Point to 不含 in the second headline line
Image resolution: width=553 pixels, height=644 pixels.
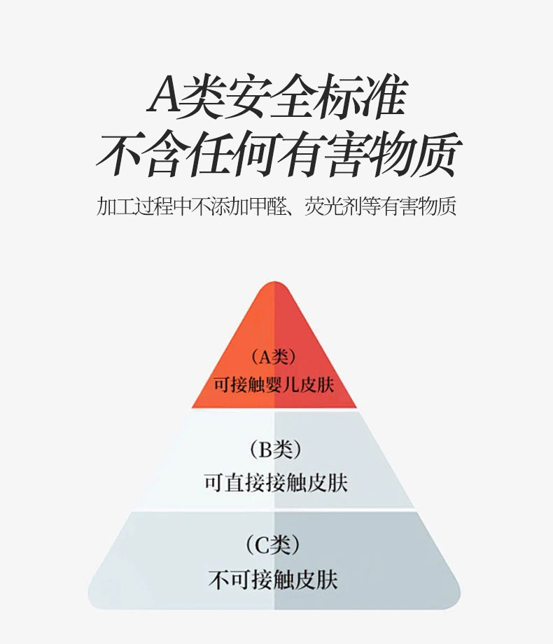pos(143,153)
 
